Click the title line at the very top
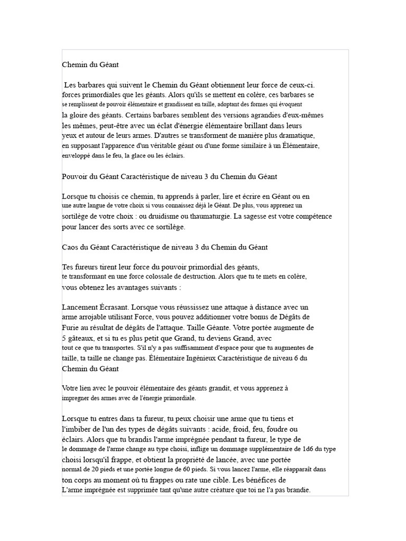pyautogui.click(x=90, y=64)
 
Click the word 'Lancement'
pyautogui.click(x=79, y=307)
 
